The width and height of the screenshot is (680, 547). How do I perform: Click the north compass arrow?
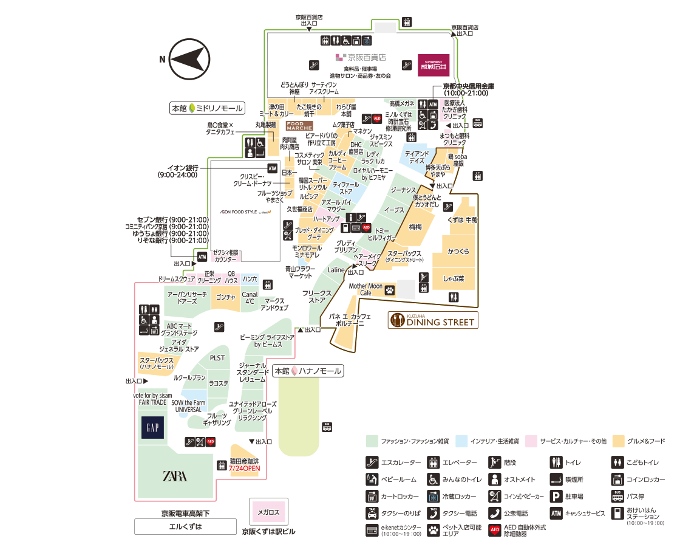[189, 59]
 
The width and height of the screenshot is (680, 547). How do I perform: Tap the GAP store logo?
[152, 428]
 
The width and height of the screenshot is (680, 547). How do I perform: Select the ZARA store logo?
[174, 476]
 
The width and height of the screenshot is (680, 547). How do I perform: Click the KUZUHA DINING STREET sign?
[433, 320]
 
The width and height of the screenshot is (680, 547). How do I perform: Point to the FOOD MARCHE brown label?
[299, 126]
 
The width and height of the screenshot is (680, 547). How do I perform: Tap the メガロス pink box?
[268, 512]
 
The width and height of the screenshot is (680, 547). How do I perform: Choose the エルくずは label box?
[185, 526]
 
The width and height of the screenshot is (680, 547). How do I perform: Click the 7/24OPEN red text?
[245, 469]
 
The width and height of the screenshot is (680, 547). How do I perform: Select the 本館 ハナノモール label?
[308, 371]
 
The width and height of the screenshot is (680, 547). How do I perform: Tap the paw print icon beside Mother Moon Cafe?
[389, 290]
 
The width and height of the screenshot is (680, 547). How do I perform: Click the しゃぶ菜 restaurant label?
[454, 279]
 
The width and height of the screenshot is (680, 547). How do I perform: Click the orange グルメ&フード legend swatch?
[619, 441]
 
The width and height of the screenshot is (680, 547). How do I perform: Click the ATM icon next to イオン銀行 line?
[272, 168]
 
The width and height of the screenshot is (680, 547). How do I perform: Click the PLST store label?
[217, 358]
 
